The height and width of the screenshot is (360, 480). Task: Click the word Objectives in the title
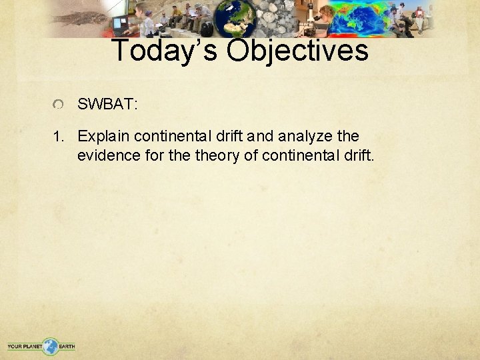(x=297, y=51)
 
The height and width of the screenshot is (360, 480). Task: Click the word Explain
(x=103, y=137)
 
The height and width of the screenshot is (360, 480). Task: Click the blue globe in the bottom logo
(x=51, y=346)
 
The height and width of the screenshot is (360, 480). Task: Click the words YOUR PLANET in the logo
(x=25, y=347)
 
